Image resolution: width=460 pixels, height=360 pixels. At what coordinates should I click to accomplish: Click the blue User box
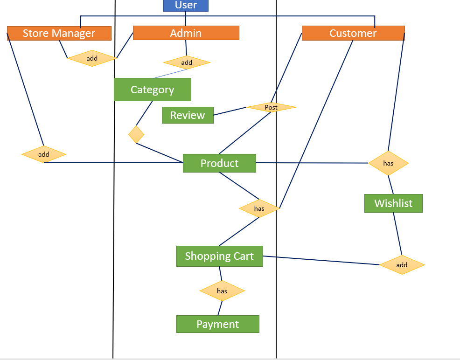coord(186,6)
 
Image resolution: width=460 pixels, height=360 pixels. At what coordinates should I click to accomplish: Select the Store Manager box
coord(59,33)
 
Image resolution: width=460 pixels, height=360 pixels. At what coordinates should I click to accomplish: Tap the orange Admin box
coord(186,33)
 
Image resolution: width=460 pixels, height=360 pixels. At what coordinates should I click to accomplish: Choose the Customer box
coord(353,33)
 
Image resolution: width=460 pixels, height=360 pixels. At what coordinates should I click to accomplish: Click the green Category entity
coord(152,90)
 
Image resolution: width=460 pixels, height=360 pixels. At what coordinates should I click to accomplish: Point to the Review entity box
coord(187,115)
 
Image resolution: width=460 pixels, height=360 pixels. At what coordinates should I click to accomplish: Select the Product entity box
coord(219,163)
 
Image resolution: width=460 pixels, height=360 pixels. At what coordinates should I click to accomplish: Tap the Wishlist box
coord(393,203)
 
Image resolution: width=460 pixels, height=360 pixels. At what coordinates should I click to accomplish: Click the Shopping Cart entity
coord(219,256)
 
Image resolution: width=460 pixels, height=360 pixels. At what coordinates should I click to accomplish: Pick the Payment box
coord(217,324)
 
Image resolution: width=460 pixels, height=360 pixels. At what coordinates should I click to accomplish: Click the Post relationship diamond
coord(271,107)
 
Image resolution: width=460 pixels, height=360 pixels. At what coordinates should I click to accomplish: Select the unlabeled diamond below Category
coord(136,134)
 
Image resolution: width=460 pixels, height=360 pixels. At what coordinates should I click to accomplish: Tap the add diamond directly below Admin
coord(187,62)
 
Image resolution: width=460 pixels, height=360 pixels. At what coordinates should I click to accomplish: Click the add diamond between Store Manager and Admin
coord(92,58)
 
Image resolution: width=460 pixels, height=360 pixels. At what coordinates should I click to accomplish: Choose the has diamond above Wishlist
coord(388,163)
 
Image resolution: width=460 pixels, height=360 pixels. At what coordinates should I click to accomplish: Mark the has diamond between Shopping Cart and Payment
coord(222,291)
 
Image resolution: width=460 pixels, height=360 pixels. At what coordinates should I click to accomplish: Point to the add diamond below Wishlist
coord(402,265)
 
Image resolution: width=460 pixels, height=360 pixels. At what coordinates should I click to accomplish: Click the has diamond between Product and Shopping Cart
coord(259,208)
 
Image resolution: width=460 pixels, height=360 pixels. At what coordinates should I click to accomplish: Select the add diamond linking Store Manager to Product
coord(44,154)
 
